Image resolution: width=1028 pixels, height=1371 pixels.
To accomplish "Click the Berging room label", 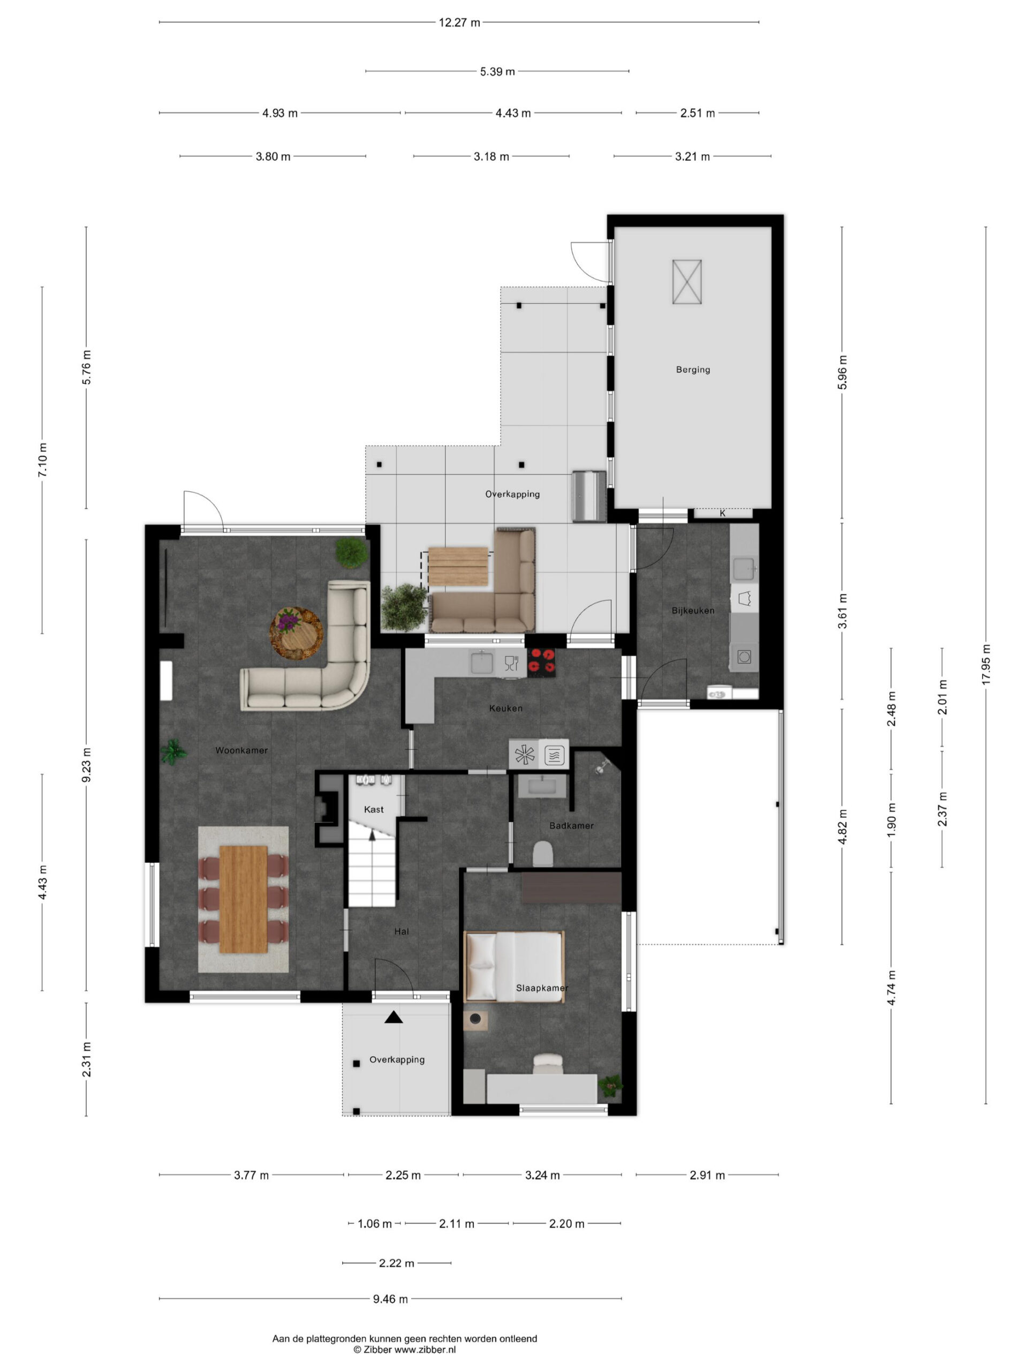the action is point(693,370).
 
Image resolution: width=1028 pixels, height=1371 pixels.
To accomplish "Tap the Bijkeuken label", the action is point(693,611).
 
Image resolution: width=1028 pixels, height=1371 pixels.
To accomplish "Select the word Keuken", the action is point(505,708).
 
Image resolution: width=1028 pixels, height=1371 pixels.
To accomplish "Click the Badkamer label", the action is point(571,826).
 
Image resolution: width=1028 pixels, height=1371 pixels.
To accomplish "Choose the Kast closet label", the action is point(374,809).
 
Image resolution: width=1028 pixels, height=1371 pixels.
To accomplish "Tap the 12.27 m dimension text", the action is point(459,23).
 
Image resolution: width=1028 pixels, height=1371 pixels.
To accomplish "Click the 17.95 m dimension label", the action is point(986,664).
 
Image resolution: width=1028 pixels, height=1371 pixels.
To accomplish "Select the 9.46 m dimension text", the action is point(390,1299).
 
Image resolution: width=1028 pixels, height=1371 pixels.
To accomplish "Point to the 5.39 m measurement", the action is point(497,72).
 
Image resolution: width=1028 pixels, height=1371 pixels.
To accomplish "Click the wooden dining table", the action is point(244,899).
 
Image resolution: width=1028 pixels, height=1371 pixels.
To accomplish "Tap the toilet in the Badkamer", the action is point(543,854).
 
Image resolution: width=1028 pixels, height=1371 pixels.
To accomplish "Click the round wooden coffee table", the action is point(296,633).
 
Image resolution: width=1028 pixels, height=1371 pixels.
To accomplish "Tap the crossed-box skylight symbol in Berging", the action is point(687,282).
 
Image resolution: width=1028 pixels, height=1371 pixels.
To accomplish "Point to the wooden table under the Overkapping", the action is point(458,566).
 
